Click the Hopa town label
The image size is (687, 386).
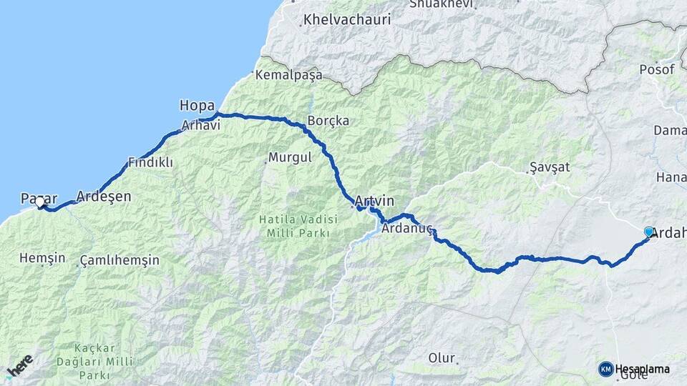197,106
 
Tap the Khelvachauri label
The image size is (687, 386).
347,19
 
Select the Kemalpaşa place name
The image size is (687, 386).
289,74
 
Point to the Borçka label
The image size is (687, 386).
328,121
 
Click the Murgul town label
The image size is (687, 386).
289,157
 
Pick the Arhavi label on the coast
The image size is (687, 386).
201,125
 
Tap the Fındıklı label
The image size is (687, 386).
150,162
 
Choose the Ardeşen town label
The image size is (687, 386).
104,195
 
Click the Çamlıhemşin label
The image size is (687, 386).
120,260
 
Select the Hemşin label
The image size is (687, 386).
42,258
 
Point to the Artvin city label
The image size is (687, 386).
374,201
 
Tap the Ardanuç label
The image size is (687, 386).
408,229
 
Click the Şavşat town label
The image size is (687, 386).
550,167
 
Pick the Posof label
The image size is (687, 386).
658,69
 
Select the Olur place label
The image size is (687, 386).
442,357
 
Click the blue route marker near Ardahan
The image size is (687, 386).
649,232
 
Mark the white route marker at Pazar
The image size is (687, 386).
39,202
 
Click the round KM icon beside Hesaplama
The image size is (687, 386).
605,369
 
